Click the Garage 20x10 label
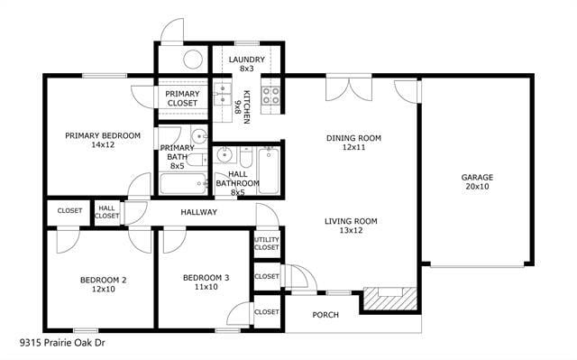click(478, 182)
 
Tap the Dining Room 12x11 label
click(353, 143)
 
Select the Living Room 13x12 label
click(352, 226)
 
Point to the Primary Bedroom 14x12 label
click(103, 140)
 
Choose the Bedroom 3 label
click(200, 282)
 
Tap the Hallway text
click(198, 212)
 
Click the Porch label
click(325, 315)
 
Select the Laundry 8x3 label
click(246, 63)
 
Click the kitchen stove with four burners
click(270, 94)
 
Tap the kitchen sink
click(222, 94)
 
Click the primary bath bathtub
click(184, 184)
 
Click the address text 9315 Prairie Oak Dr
click(64, 343)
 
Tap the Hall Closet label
click(107, 212)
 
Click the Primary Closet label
click(182, 97)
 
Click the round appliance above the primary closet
click(193, 60)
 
